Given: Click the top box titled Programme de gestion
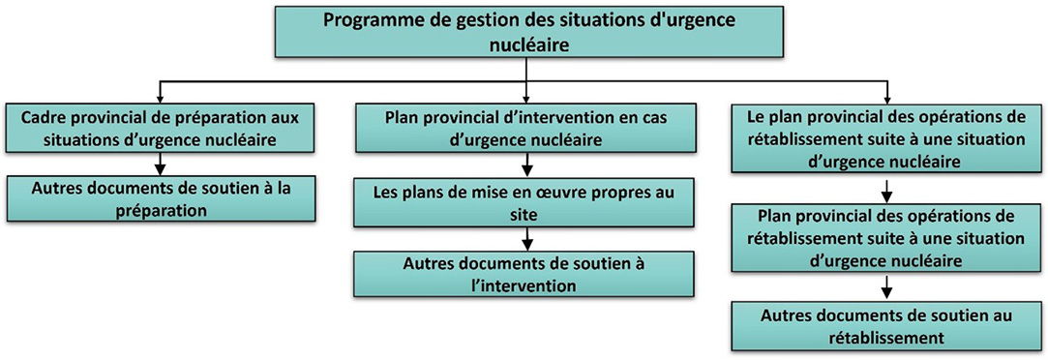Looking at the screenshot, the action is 524,32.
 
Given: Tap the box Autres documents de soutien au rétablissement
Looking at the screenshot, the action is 886,326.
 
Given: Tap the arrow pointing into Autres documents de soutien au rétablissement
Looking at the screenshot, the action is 886,287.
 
